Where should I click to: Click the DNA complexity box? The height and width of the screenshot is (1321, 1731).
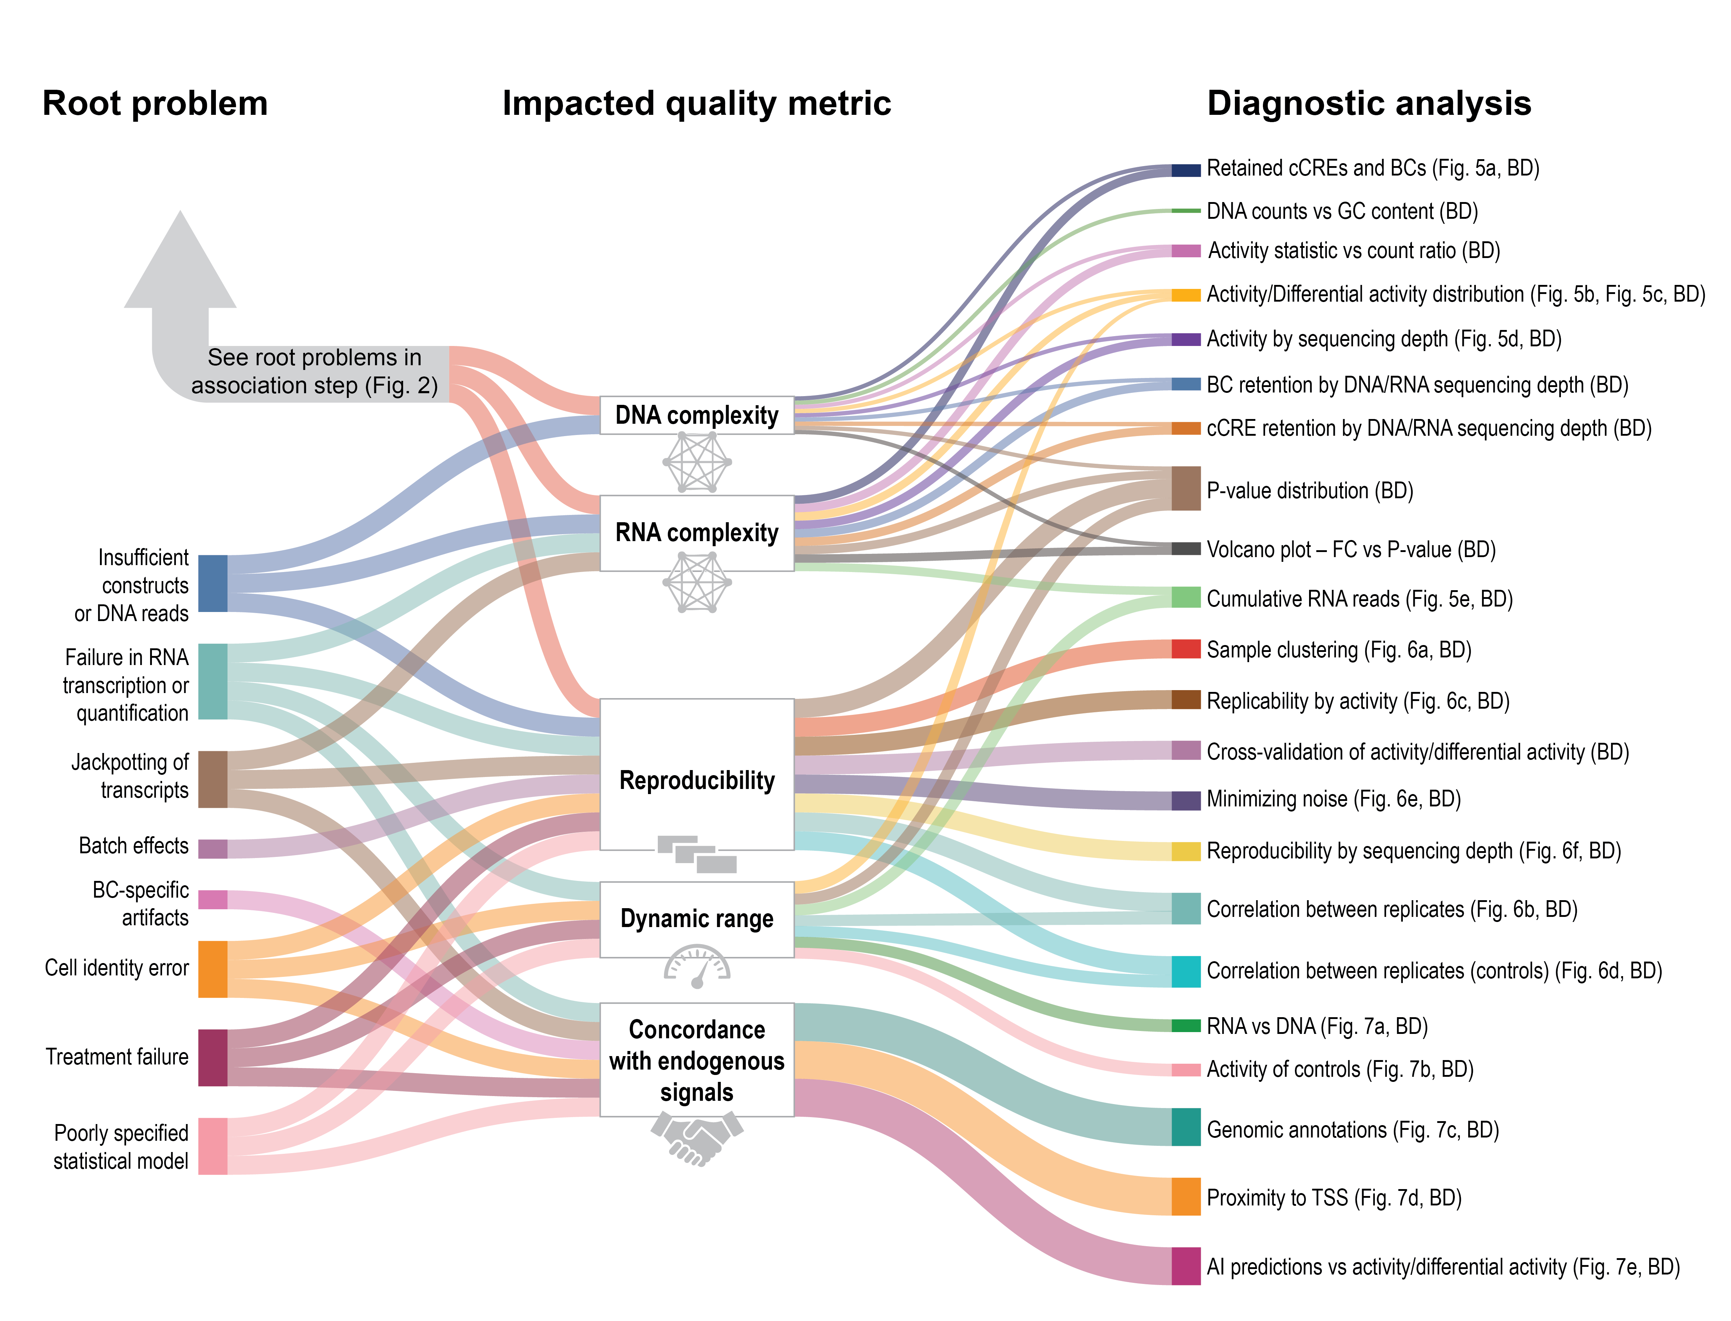(x=697, y=415)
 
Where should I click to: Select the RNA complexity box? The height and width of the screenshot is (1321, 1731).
(x=697, y=533)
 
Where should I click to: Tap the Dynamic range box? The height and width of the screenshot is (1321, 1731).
(x=697, y=919)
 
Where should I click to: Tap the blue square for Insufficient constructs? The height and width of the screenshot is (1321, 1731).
(x=212, y=583)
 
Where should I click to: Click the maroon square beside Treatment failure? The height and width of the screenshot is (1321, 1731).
(x=212, y=1058)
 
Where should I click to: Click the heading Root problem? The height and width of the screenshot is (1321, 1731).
(x=155, y=103)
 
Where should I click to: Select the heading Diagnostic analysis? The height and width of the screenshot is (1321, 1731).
(x=1369, y=103)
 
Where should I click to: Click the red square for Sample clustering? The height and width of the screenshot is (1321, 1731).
(x=1186, y=649)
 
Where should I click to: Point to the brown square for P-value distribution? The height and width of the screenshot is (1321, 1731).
(x=1186, y=488)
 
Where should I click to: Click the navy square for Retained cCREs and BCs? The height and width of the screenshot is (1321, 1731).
(x=1186, y=170)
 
